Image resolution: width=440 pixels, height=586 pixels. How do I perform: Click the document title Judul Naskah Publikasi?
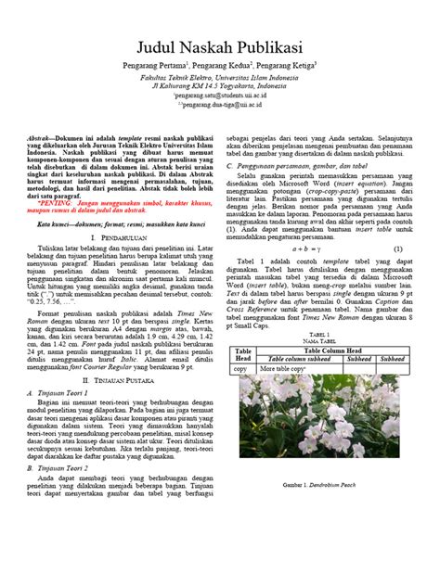(x=219, y=48)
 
